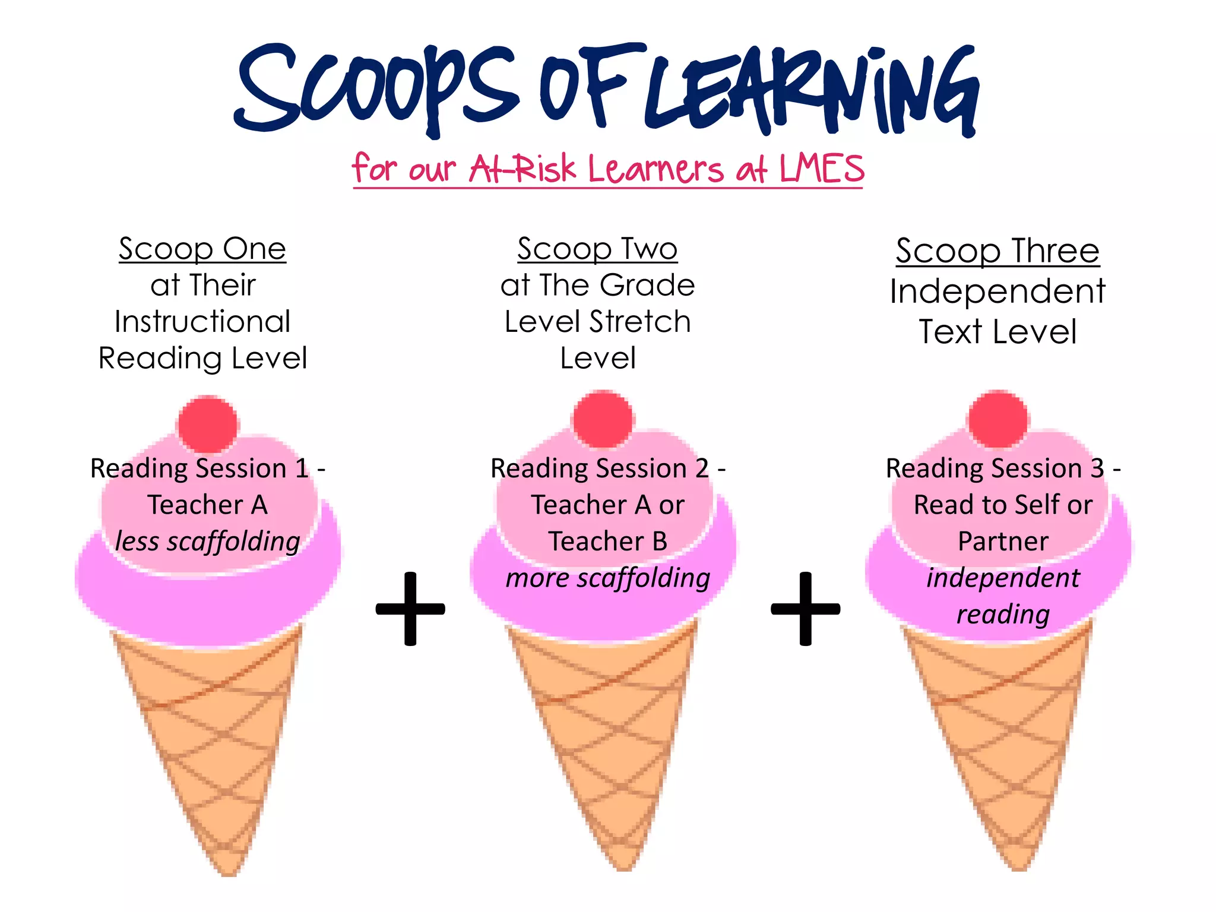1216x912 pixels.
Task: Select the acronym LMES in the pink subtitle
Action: click(x=822, y=169)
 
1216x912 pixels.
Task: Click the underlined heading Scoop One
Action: click(x=202, y=249)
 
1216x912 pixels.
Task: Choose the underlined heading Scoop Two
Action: click(x=597, y=249)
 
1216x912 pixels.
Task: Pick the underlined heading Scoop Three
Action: click(x=997, y=251)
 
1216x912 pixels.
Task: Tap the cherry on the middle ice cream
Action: click(x=603, y=419)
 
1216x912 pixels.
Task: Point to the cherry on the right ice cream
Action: click(x=998, y=419)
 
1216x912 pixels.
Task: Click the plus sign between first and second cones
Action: click(x=410, y=609)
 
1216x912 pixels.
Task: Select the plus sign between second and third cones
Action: click(x=806, y=609)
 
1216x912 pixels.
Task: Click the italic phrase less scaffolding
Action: click(x=208, y=541)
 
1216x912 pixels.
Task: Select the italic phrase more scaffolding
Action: click(x=608, y=578)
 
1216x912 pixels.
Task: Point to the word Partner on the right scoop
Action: click(x=1003, y=541)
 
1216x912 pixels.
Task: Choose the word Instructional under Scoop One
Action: click(x=202, y=322)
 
